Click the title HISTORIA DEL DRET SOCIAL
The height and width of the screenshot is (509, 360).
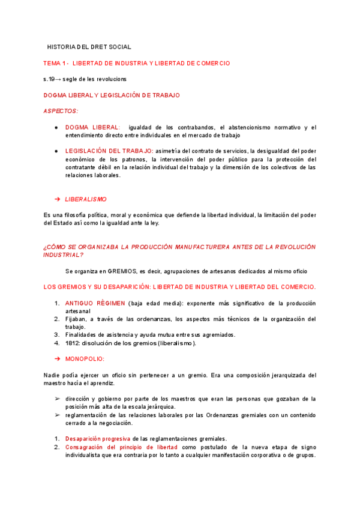(89, 47)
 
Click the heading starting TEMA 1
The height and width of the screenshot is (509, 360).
(136, 63)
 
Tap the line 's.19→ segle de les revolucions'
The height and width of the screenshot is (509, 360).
(85, 79)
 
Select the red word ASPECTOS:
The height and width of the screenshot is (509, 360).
(61, 111)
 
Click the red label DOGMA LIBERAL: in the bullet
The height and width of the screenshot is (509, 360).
(92, 127)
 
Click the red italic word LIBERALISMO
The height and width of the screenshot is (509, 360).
(86, 199)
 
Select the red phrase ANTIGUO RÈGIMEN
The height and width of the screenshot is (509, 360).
(95, 303)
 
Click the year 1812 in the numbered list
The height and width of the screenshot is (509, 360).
(73, 343)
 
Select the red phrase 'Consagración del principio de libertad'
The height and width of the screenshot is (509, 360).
(122, 447)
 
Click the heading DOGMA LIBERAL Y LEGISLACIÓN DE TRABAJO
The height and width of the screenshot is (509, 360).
(112, 95)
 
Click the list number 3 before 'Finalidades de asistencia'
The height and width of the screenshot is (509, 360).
(57, 335)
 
